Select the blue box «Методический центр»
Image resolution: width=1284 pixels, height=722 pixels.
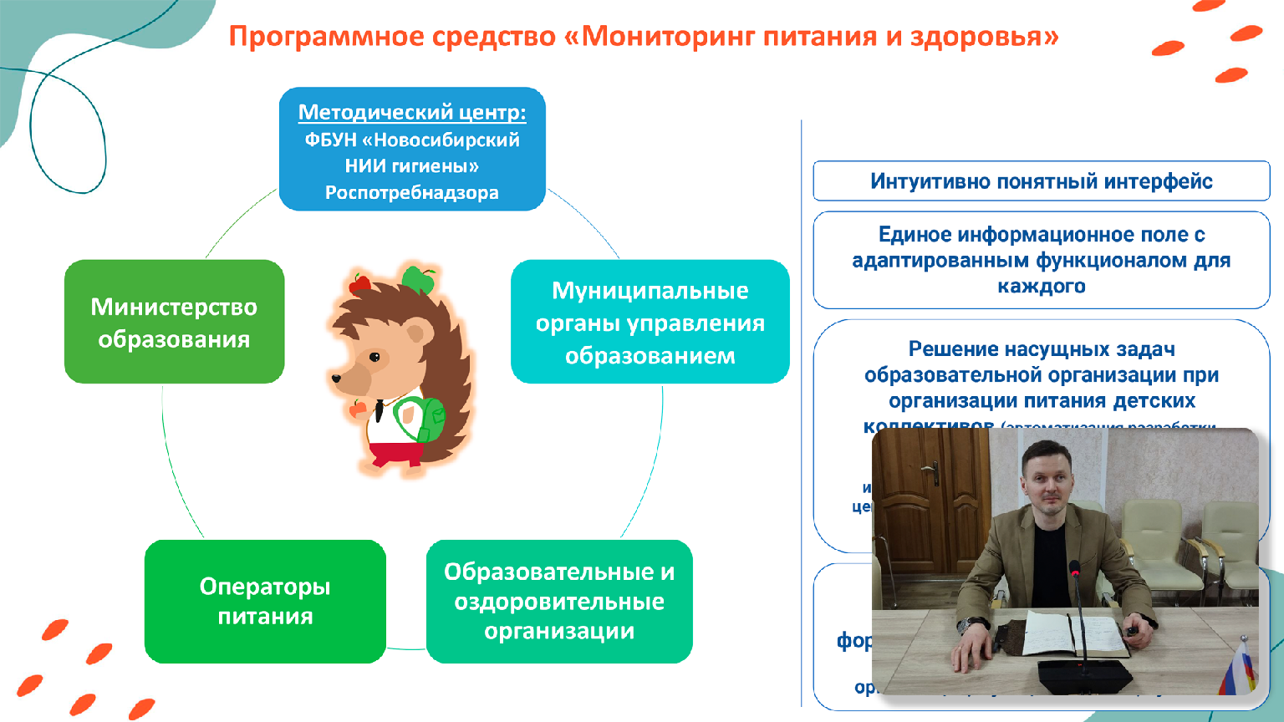pyautogui.click(x=412, y=150)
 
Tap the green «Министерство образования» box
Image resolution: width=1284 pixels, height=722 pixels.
pyautogui.click(x=174, y=323)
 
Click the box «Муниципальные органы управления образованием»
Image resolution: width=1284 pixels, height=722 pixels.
pyautogui.click(x=650, y=323)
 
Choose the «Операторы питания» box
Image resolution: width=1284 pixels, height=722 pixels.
pyautogui.click(x=265, y=602)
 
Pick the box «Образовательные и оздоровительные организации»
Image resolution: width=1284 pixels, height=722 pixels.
pyautogui.click(x=559, y=602)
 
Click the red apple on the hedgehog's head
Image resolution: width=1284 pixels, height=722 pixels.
pyautogui.click(x=359, y=284)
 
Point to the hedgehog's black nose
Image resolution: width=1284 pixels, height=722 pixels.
pyautogui.click(x=336, y=379)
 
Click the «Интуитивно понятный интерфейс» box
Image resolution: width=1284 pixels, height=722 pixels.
pyautogui.click(x=1041, y=181)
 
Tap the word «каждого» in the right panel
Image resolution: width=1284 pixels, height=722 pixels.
pyautogui.click(x=1041, y=287)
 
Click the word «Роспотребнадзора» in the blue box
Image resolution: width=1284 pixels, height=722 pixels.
pyautogui.click(x=412, y=193)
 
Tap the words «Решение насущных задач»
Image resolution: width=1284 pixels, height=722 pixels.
pyautogui.click(x=1041, y=349)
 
